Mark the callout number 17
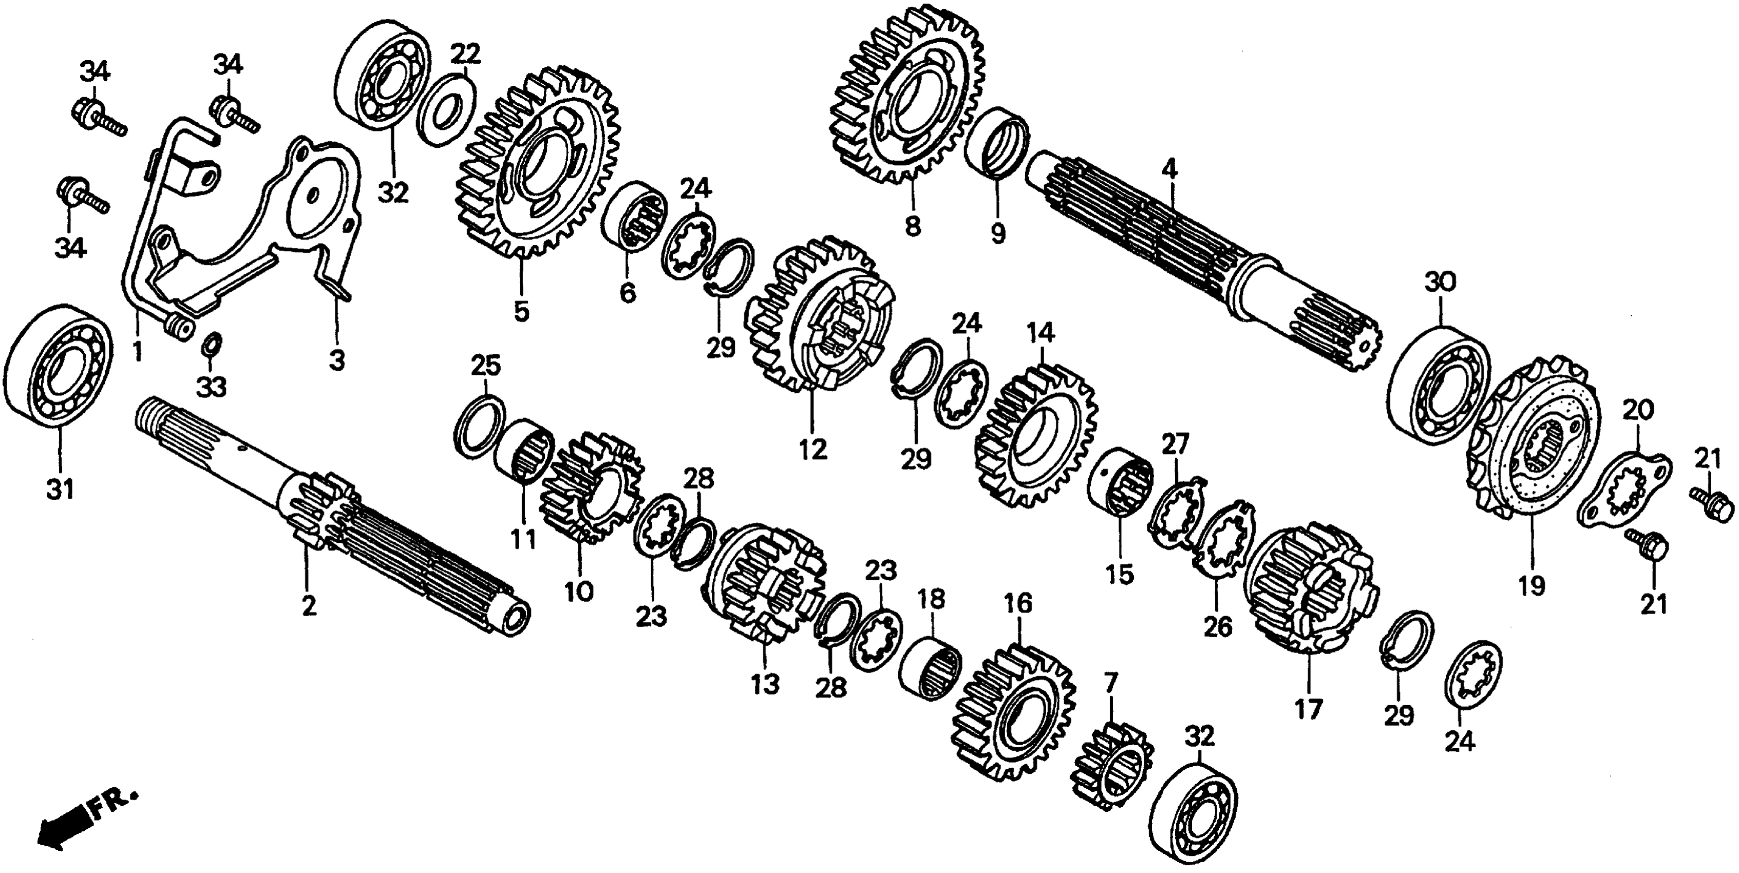pyautogui.click(x=1308, y=709)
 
